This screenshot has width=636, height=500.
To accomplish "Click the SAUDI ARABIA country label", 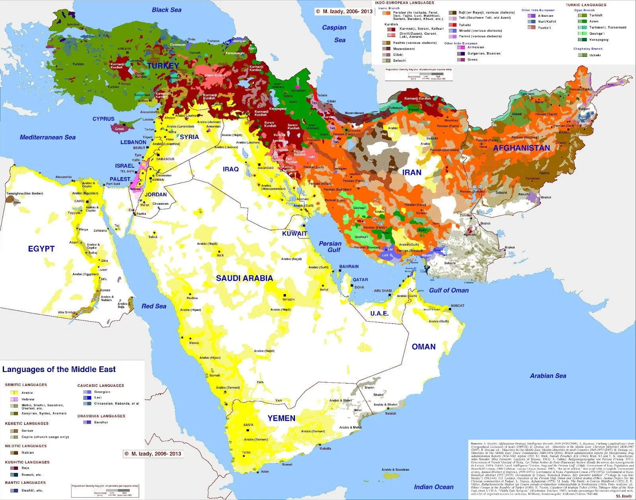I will (244, 278).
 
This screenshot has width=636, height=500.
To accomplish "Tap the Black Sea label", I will (167, 10).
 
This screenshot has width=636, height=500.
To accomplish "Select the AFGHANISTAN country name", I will (522, 148).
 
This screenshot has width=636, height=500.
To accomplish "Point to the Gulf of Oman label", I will (449, 291).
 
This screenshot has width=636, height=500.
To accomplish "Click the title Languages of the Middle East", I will (59, 369).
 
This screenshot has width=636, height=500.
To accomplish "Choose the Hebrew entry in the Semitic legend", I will (28, 399).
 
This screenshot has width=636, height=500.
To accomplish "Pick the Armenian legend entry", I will (475, 47).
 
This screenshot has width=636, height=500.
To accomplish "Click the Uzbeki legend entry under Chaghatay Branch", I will (595, 55).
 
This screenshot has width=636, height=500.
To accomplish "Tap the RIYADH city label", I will (289, 299).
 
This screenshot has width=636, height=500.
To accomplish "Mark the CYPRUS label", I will (103, 119).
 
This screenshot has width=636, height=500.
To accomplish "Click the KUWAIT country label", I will (295, 234).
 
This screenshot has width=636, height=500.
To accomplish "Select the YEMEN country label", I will (281, 418).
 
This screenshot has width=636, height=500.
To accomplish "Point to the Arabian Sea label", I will (548, 376).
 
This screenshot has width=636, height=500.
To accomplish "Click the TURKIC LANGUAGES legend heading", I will (586, 5).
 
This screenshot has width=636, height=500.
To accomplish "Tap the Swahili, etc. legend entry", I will (32, 490).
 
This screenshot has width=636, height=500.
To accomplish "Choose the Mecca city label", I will (194, 343).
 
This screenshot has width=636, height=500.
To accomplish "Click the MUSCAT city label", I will (458, 306).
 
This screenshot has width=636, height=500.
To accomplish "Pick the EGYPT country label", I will (41, 249).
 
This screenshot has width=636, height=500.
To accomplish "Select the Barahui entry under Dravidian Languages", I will (101, 422).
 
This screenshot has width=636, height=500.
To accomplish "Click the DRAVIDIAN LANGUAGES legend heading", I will (101, 416).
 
